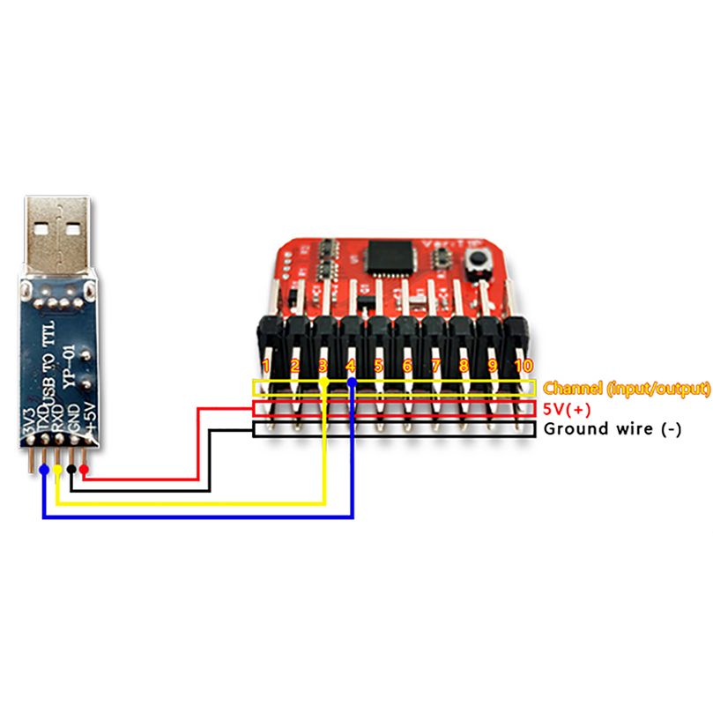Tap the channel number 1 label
[266, 365]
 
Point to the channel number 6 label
[407, 365]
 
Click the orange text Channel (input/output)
[627, 388]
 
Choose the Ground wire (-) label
[613, 430]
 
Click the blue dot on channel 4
[352, 382]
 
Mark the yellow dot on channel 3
[324, 383]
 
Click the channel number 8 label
[464, 365]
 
